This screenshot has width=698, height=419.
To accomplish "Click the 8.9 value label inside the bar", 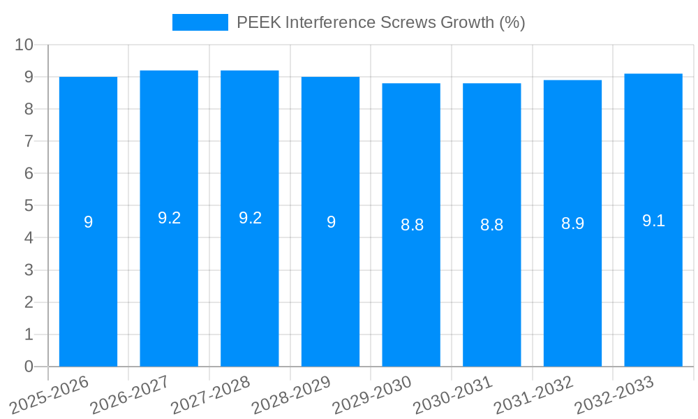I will tap(572, 223).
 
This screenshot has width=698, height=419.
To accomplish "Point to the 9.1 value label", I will tap(653, 221).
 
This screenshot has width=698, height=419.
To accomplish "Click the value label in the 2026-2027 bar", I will tap(169, 218).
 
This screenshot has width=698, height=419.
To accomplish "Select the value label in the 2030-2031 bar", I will tap(492, 225).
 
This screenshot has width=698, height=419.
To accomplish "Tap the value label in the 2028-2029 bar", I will tap(331, 222).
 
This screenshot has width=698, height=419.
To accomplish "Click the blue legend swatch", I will tap(200, 22).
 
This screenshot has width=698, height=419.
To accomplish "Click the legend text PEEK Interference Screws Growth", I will tap(380, 22).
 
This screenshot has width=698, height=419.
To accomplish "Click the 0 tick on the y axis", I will tap(29, 367).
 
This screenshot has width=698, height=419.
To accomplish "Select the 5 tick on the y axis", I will tap(29, 206).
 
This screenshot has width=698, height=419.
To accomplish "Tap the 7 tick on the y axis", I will tap(29, 141).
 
